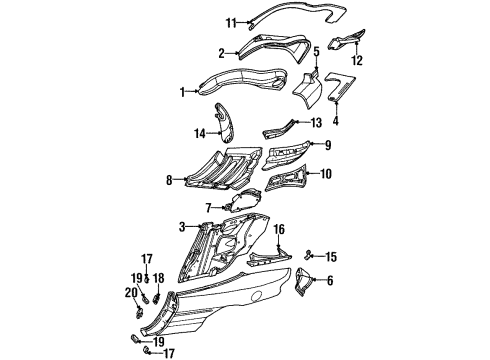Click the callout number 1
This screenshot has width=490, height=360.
(x=182, y=93)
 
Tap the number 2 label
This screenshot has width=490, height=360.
(x=222, y=52)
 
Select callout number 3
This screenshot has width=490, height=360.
(x=181, y=228)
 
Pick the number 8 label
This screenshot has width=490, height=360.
(x=170, y=181)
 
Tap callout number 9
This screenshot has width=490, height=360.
(x=325, y=145)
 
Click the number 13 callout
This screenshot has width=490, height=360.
(x=316, y=123)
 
